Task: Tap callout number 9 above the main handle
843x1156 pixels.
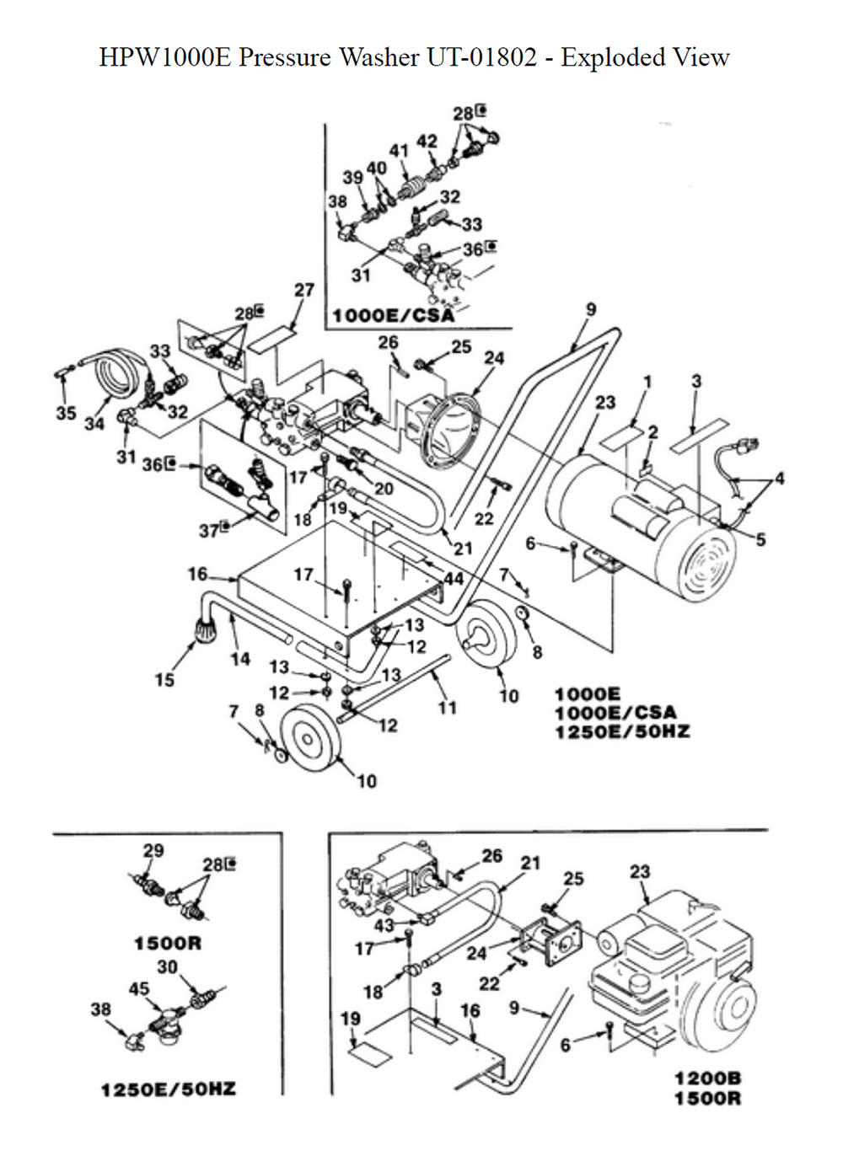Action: click(591, 309)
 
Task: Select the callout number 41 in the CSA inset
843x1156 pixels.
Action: click(398, 151)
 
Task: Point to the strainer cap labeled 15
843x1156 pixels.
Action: click(206, 629)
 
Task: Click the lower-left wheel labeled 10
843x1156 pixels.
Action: click(309, 740)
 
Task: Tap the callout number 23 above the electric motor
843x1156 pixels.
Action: click(605, 402)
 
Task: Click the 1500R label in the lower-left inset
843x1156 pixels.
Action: click(168, 944)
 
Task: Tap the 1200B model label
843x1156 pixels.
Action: click(708, 1078)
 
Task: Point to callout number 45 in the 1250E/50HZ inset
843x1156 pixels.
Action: click(139, 989)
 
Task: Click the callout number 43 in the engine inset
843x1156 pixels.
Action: click(384, 925)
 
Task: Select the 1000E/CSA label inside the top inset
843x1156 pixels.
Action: click(394, 315)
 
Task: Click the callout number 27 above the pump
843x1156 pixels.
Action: click(304, 290)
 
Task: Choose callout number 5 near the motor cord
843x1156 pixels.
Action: click(761, 540)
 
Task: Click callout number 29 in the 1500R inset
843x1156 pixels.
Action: click(153, 850)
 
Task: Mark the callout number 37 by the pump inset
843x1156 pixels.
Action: click(209, 531)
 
